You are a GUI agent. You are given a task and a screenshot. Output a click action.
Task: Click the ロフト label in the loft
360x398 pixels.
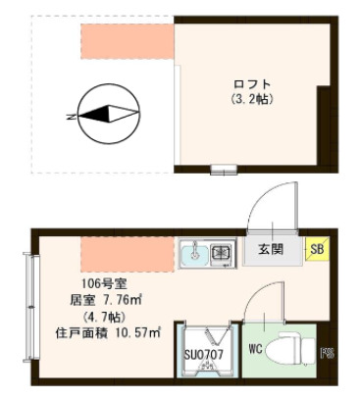(252, 83)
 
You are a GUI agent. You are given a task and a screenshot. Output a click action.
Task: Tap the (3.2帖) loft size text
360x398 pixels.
(252, 99)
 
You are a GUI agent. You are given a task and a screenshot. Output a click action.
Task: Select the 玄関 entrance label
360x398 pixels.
(271, 250)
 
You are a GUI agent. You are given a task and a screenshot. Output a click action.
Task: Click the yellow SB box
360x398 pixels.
(317, 249)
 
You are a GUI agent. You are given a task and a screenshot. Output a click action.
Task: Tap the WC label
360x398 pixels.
(254, 347)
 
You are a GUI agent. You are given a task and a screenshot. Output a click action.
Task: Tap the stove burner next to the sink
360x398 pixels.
(223, 255)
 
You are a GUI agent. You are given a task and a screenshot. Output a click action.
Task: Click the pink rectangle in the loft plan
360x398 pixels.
(126, 38)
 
